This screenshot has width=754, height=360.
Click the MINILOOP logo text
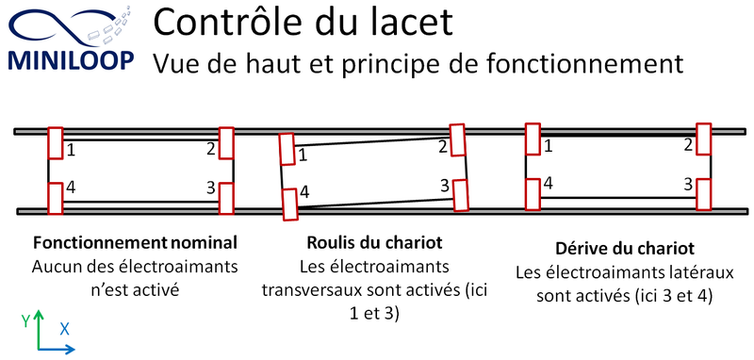(72, 60)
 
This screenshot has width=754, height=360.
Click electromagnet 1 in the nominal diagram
(56, 142)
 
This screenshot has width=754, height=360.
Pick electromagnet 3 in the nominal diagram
(226, 199)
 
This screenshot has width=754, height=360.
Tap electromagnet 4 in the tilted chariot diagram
(289, 205)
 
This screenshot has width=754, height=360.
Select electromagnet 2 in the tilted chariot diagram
(457, 139)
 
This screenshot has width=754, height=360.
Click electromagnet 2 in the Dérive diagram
(703, 139)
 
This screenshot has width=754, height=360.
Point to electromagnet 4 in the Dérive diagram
(533, 194)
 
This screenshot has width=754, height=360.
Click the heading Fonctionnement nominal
(135, 243)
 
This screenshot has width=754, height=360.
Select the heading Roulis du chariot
(374, 243)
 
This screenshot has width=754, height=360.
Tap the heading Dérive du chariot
(625, 249)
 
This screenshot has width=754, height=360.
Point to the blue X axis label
(64, 329)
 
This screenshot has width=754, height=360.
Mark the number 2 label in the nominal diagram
(211, 150)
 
